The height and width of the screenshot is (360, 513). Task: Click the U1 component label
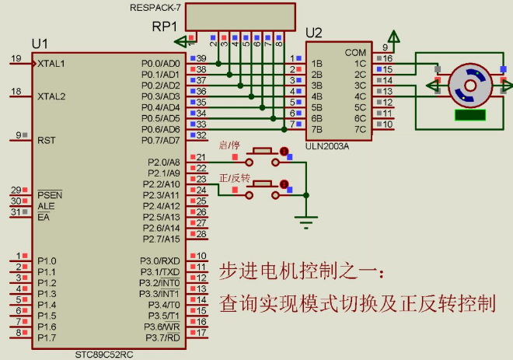pyautogui.click(x=40, y=43)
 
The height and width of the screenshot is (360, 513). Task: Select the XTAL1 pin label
pyautogui.click(x=51, y=63)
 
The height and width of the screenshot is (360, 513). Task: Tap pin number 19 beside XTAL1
pyautogui.click(x=16, y=59)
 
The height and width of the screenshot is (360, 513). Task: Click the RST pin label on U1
pyautogui.click(x=46, y=140)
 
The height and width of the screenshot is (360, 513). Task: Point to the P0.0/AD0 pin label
pyautogui.click(x=160, y=63)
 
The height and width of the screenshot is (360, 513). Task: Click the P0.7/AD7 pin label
pyautogui.click(x=160, y=140)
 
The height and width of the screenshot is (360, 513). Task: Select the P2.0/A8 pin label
pyautogui.click(x=164, y=162)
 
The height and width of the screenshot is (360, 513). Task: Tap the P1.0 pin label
pyautogui.click(x=47, y=260)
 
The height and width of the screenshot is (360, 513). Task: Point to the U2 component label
pyautogui.click(x=314, y=33)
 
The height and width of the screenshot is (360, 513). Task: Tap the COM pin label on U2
pyautogui.click(x=355, y=52)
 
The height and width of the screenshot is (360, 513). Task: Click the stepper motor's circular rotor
pyautogui.click(x=469, y=85)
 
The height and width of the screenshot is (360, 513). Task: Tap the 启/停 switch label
pyautogui.click(x=230, y=145)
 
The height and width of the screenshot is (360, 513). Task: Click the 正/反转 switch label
pyautogui.click(x=234, y=178)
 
